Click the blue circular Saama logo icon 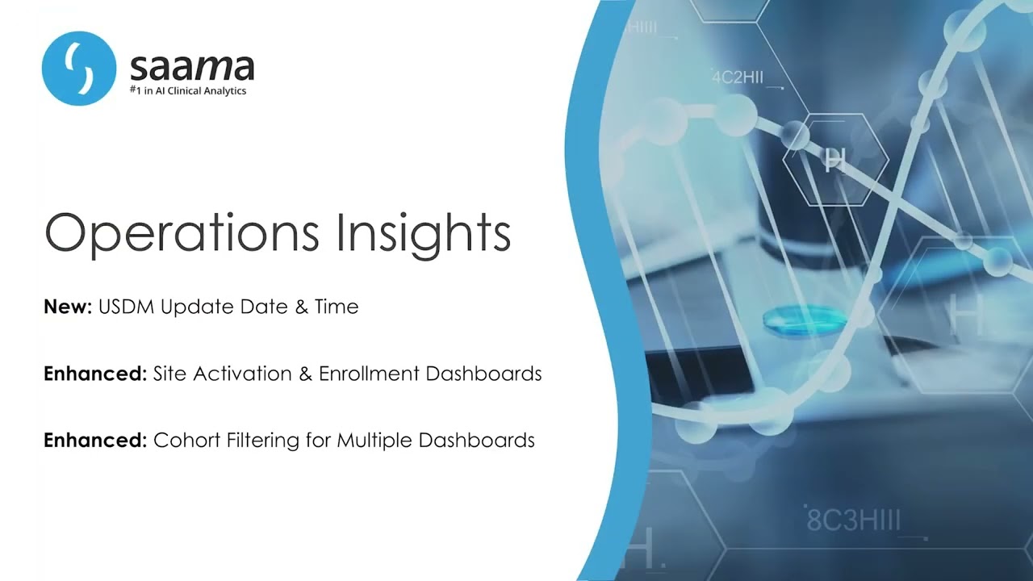pos(79,69)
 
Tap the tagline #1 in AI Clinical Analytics pos(188,91)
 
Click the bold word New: pos(68,307)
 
